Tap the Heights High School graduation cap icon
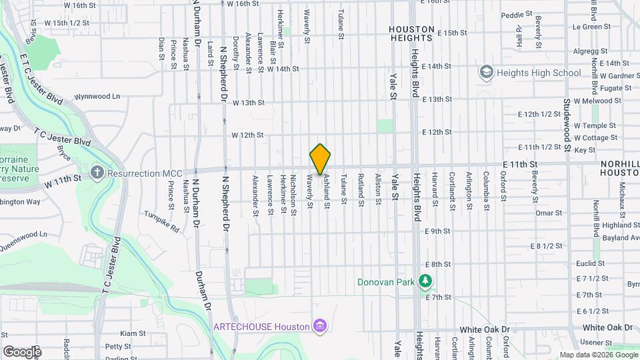coord(486,72)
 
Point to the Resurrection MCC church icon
coord(97,173)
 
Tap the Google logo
coord(22,352)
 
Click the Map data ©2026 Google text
coord(598,355)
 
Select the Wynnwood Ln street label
coord(97,96)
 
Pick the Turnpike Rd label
coord(163,222)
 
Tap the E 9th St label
coord(438,231)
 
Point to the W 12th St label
coord(247,135)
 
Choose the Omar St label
coord(549,213)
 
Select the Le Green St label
coord(591,27)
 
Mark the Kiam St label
coord(133,333)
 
